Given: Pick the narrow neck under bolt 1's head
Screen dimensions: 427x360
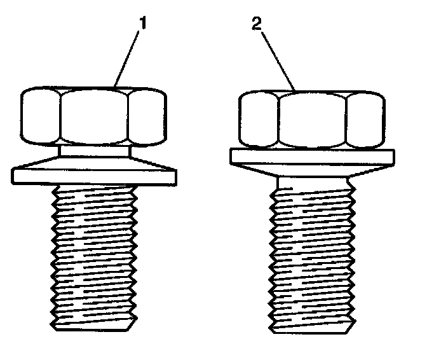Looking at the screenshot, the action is [x=94, y=151].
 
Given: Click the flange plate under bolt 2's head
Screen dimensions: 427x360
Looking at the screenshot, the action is [x=312, y=156].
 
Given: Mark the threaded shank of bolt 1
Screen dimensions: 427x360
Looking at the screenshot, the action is [x=93, y=254].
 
